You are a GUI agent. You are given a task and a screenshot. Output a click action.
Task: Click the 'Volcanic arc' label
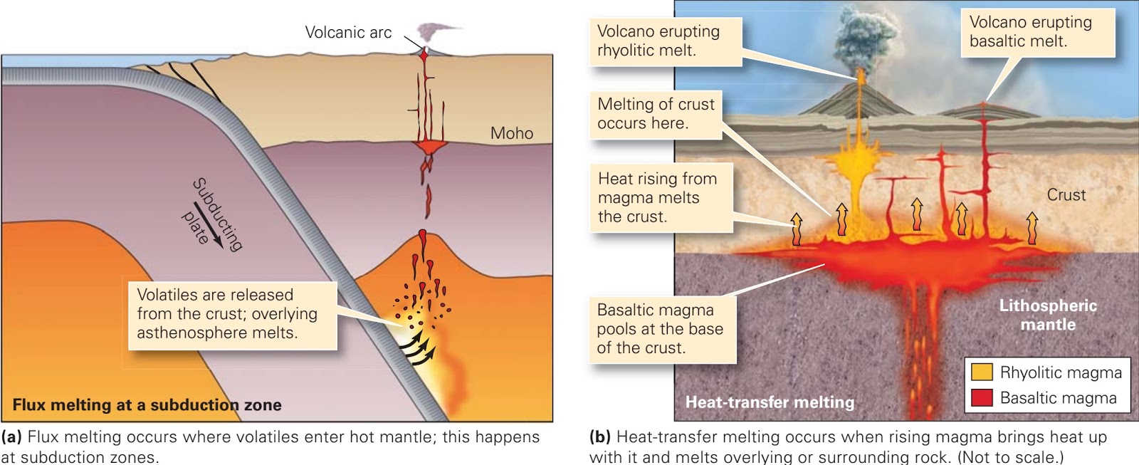(348, 33)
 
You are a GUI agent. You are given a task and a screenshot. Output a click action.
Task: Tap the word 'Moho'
(511, 133)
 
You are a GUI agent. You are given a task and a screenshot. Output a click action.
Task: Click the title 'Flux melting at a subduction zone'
(147, 405)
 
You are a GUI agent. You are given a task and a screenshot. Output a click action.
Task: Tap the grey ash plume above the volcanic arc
(433, 31)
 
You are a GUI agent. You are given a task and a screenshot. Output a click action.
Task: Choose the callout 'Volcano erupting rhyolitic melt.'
(665, 41)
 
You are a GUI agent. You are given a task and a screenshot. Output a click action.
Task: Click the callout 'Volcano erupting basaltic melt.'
(1037, 32)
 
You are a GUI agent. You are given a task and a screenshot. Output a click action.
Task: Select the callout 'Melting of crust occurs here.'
(655, 114)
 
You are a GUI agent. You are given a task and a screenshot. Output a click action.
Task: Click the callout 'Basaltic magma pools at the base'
(661, 329)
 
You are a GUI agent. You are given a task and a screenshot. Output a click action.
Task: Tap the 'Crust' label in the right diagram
(1066, 195)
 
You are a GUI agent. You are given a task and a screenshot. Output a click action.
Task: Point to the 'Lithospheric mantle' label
(1048, 315)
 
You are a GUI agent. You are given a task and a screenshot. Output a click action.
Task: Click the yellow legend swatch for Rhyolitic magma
(982, 372)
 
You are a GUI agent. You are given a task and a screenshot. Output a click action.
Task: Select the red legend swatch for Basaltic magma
(982, 397)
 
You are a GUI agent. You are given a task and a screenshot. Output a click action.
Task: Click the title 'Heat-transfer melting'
(770, 402)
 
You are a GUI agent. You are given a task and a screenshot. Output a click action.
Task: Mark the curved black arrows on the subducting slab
(417, 350)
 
